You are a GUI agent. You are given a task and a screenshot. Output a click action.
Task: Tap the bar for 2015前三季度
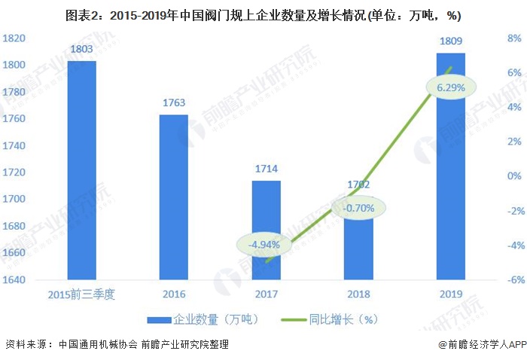tap(81, 170)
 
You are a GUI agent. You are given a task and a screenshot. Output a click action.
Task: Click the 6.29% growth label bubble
tap(450, 87)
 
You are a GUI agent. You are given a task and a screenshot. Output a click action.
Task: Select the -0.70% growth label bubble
tap(358, 208)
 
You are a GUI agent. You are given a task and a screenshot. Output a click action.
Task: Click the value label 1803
tap(81, 50)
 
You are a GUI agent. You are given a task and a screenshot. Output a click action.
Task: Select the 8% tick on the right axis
tap(515, 38)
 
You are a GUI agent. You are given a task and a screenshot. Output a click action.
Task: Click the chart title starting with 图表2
tap(263, 14)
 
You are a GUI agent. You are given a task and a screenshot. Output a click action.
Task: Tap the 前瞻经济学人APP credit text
tap(481, 345)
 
